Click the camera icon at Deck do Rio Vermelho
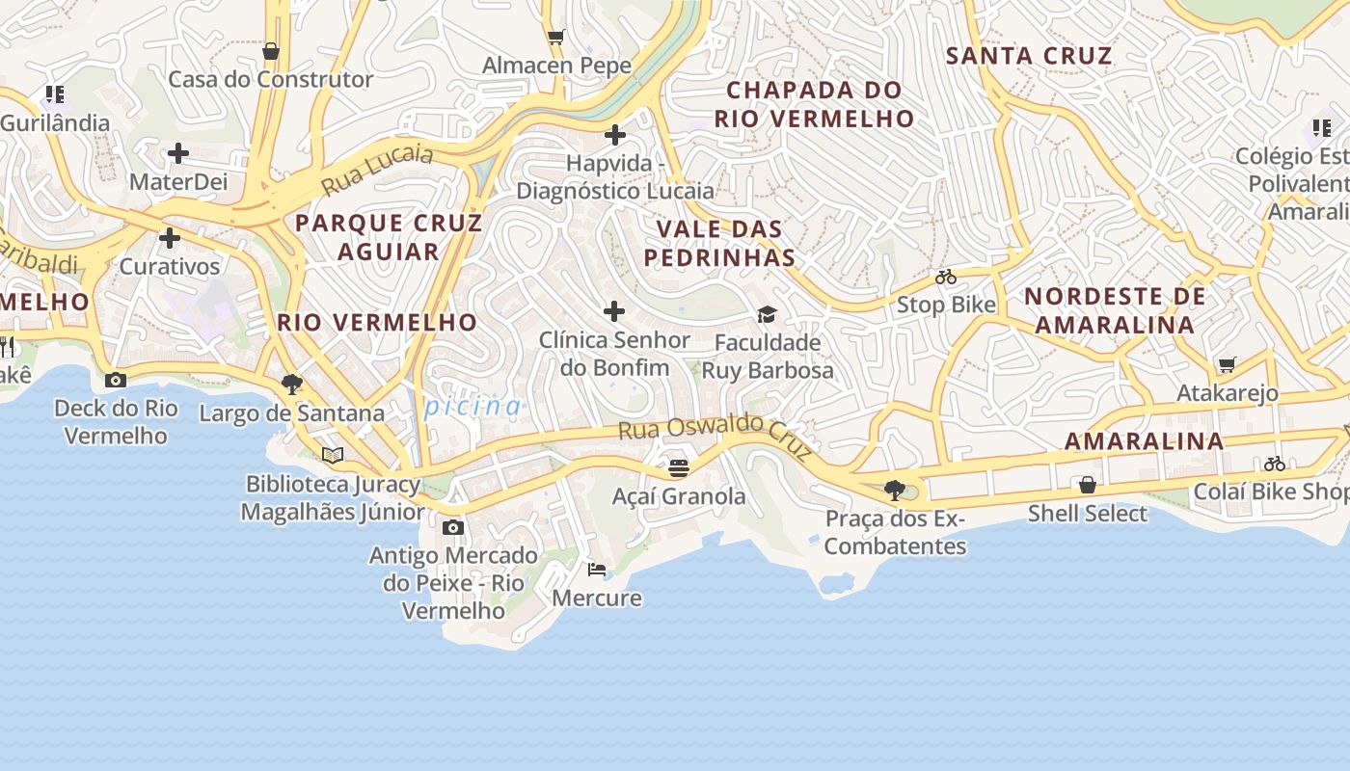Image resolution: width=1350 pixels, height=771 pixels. [116, 380]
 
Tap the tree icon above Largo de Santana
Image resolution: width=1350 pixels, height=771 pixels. [291, 385]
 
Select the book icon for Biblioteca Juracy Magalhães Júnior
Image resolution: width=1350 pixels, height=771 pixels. [333, 455]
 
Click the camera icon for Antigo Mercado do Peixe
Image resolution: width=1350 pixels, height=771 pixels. [453, 527]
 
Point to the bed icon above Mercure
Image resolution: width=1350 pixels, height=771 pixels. [597, 570]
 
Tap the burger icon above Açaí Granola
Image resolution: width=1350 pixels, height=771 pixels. [679, 468]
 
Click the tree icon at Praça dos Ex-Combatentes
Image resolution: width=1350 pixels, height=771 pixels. [895, 491]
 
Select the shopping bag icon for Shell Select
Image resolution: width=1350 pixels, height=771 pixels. [1087, 485]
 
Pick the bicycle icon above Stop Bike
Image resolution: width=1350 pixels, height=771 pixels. [946, 278]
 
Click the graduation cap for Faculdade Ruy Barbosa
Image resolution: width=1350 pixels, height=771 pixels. [767, 314]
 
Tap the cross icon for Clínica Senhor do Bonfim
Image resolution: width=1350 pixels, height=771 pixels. [613, 311]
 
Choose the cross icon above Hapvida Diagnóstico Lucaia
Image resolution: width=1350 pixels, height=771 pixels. [615, 135]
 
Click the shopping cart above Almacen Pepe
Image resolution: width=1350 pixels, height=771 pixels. [556, 38]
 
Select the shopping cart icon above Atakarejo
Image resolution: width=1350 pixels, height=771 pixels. [1227, 364]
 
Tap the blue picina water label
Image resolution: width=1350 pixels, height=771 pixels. [473, 407]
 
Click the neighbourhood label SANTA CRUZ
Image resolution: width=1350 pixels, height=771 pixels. [1029, 56]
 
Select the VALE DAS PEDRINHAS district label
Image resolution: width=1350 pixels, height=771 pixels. [719, 243]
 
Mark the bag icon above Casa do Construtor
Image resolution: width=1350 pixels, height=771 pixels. [271, 51]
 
